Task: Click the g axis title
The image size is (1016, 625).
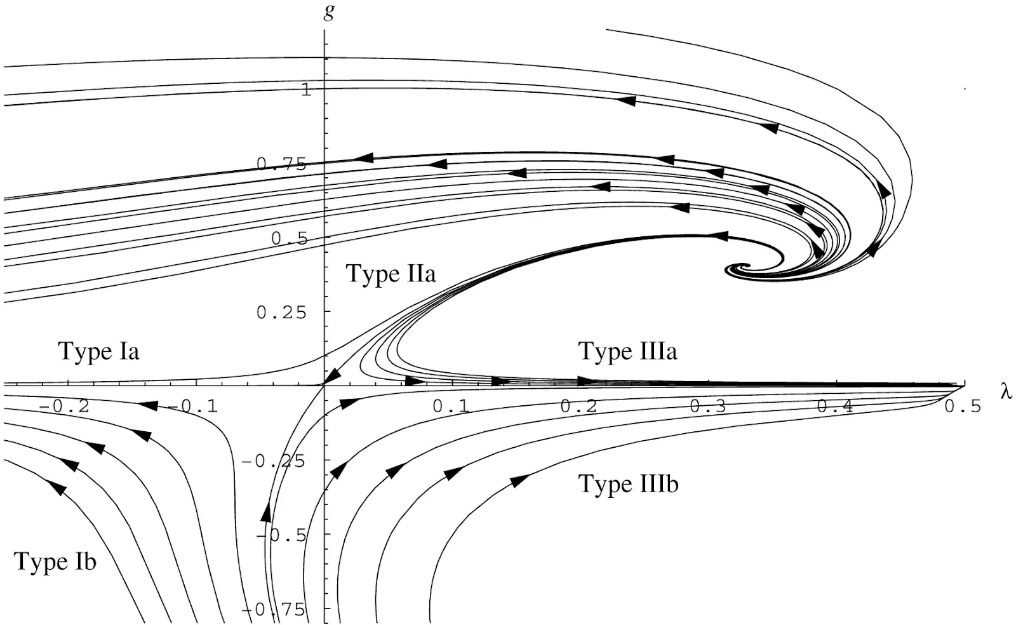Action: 329,12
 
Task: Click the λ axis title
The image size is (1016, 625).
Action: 1006,391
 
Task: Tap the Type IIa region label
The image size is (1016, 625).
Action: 391,274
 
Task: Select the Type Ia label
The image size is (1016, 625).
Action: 98,351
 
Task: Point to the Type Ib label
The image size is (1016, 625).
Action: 55,561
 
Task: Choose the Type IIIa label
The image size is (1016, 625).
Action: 627,351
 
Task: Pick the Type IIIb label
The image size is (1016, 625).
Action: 628,483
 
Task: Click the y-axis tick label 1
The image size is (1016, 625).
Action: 307,90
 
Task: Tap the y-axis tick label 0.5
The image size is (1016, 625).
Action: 290,238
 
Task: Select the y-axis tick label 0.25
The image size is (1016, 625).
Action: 281,312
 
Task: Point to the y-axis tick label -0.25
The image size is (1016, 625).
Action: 273,461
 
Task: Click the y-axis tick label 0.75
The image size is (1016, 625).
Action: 281,164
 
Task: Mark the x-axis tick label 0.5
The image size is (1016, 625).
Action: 963,407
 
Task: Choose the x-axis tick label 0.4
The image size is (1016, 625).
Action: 835,407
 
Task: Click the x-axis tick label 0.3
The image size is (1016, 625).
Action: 707,407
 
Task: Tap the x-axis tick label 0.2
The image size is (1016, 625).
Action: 578,407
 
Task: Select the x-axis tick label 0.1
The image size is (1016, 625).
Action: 450,407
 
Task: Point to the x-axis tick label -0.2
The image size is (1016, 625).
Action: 64,407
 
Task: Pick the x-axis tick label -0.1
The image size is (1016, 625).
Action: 193,407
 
